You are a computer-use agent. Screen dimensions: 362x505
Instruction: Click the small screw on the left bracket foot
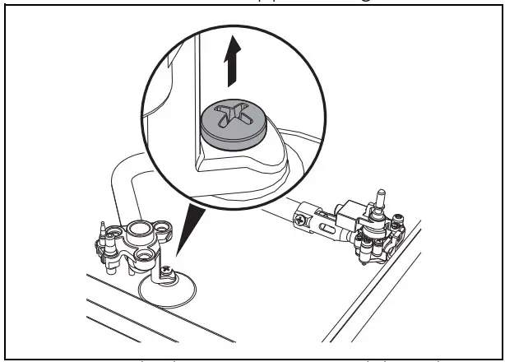167,269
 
